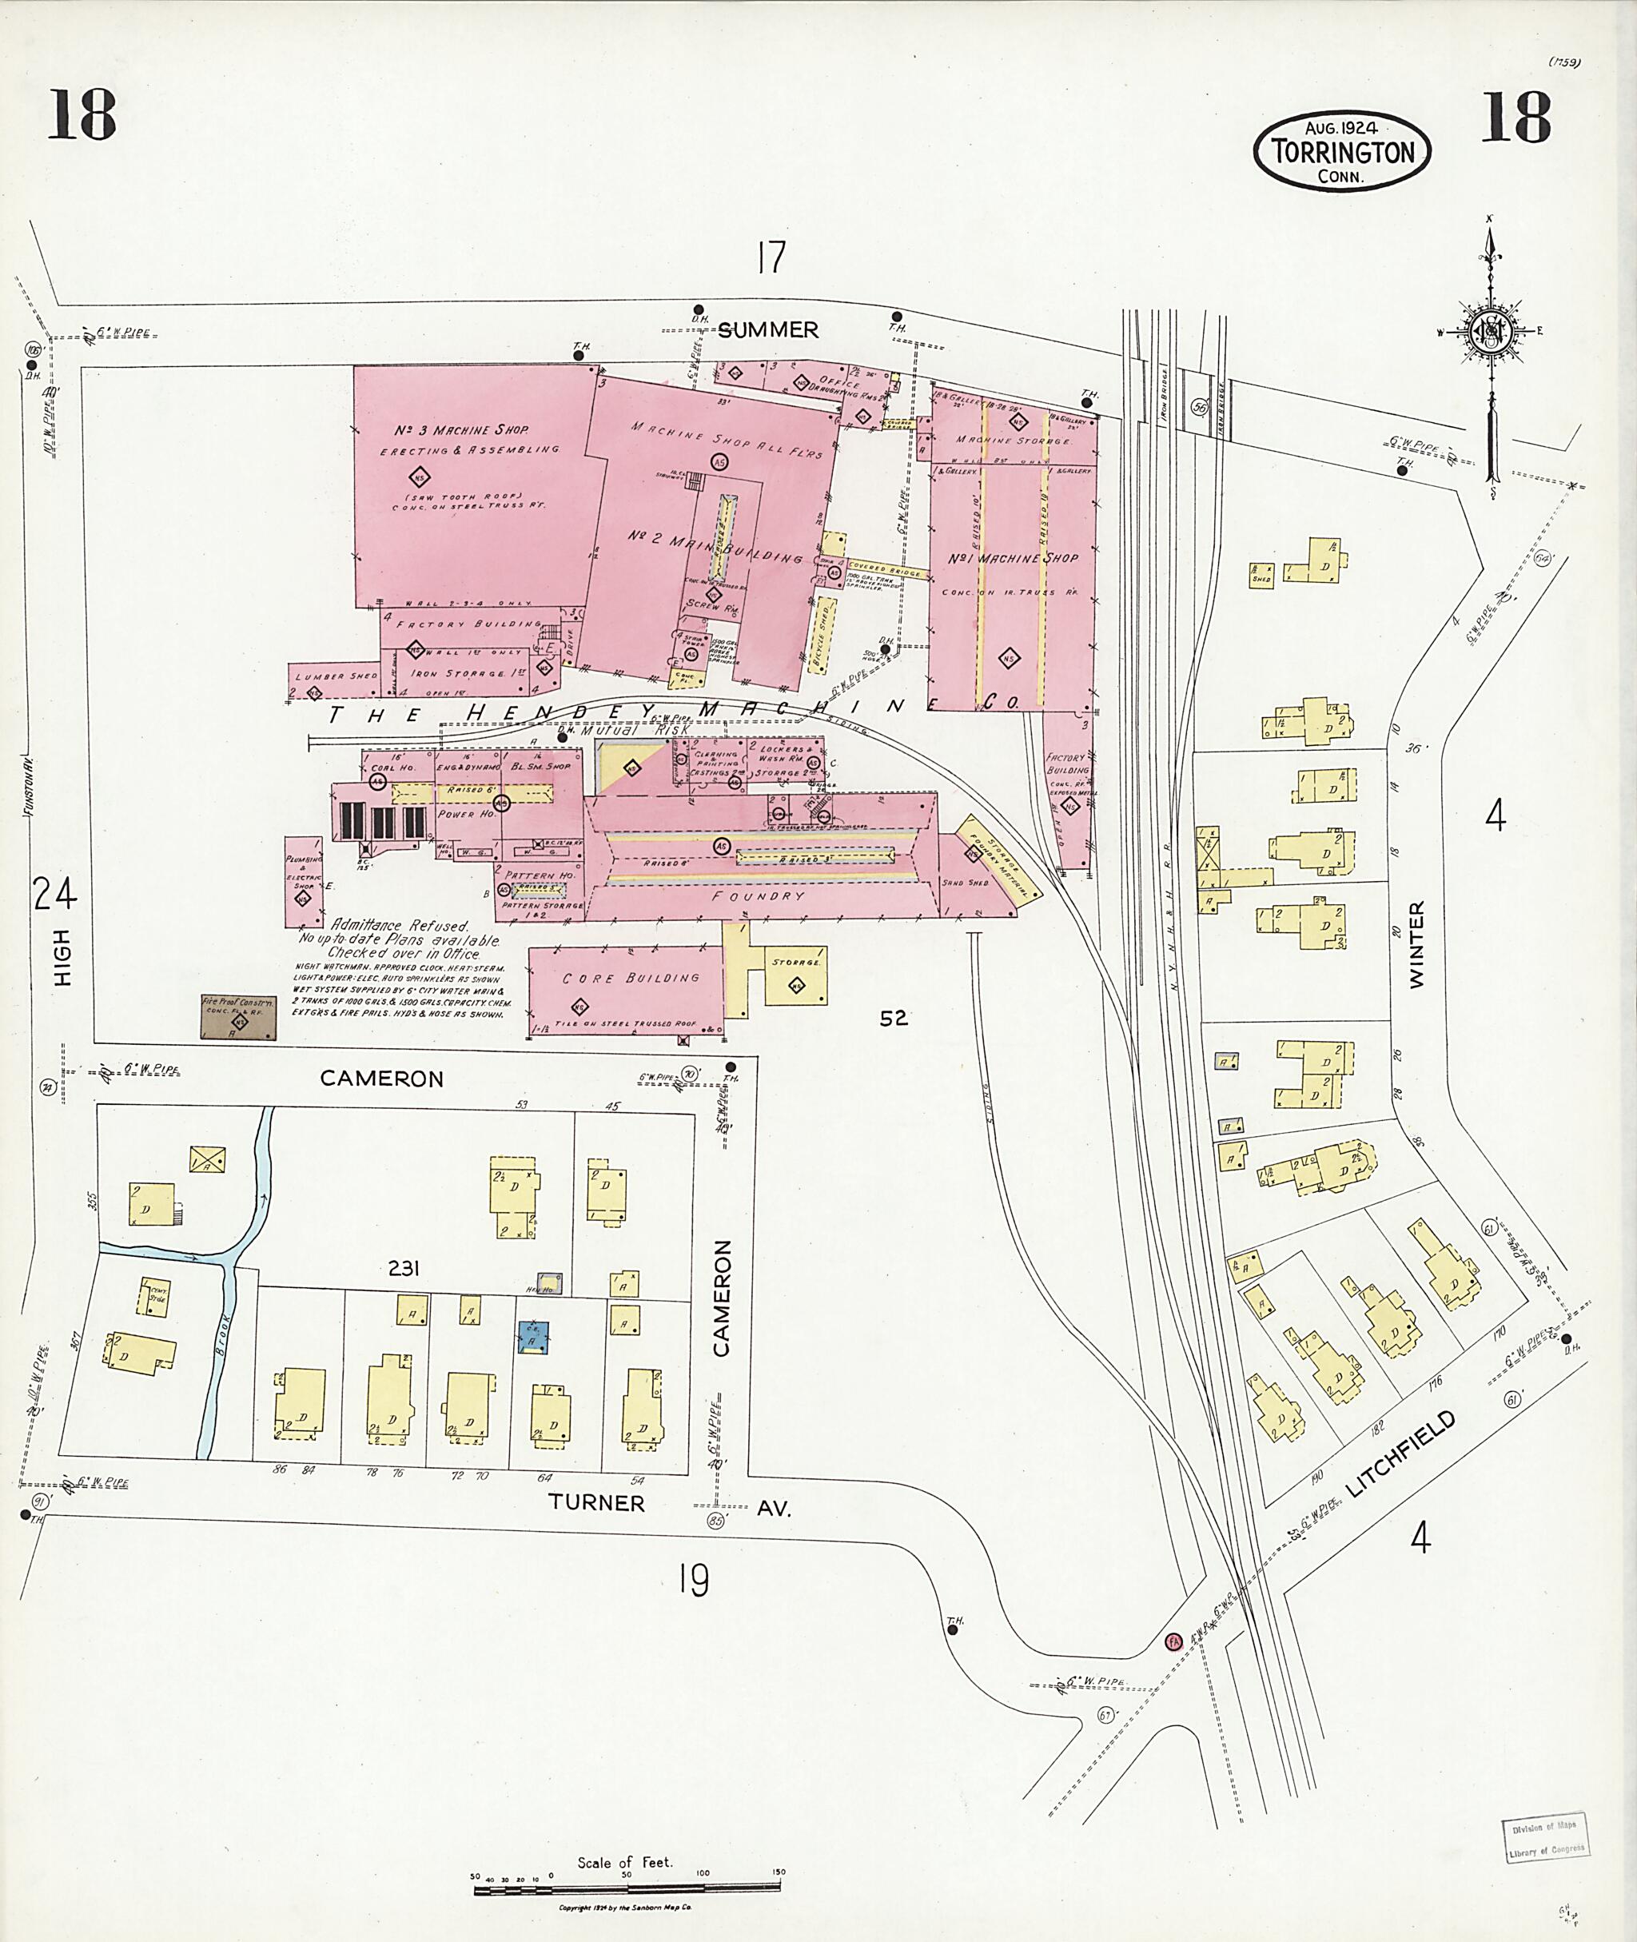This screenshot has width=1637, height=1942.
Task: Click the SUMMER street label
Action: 768,329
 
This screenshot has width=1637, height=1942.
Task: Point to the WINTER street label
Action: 1416,945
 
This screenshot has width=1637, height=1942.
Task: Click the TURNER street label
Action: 595,1502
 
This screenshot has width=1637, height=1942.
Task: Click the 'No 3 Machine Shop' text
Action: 461,431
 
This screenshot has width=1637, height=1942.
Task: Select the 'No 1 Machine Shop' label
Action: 1013,559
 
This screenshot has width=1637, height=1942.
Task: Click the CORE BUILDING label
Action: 630,979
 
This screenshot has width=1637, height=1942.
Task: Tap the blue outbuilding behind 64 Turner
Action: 532,1338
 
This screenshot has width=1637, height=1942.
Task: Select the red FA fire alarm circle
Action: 1173,1641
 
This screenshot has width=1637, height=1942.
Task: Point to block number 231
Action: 404,1268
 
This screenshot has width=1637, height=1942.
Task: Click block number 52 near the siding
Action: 893,1019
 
